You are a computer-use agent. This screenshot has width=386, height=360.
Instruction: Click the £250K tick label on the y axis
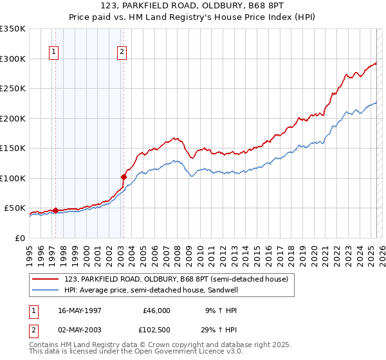click(x=12, y=89)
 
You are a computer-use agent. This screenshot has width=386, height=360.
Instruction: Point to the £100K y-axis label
click(x=12, y=178)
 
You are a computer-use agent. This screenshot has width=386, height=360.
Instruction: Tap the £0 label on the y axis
click(x=19, y=238)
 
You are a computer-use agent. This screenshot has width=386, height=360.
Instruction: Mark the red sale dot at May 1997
click(x=55, y=210)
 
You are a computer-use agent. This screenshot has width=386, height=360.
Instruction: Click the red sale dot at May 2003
click(x=123, y=176)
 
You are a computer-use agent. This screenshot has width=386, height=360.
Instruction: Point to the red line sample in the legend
click(x=46, y=279)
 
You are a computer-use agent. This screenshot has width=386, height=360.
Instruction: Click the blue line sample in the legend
click(x=46, y=290)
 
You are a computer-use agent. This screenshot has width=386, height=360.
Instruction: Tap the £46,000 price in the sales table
click(x=156, y=310)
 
